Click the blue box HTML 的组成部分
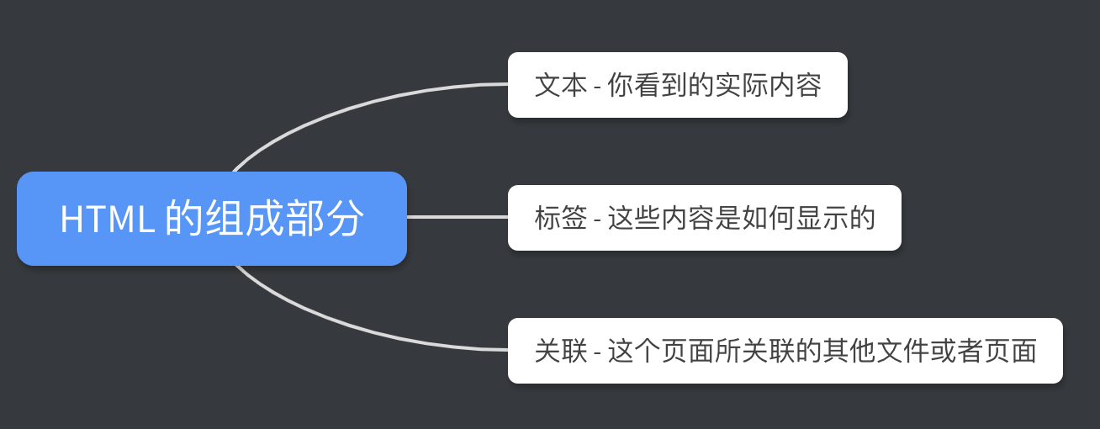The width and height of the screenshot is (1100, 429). pyautogui.click(x=211, y=219)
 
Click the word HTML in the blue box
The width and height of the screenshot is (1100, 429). pyautogui.click(x=107, y=220)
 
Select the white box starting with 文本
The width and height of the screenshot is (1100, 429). pyautogui.click(x=677, y=85)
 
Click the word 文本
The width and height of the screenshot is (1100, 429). pyautogui.click(x=560, y=85)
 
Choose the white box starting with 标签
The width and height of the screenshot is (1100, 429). pyautogui.click(x=704, y=218)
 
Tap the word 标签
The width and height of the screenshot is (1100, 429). pyautogui.click(x=560, y=218)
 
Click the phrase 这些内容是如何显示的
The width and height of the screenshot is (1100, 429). pyautogui.click(x=741, y=218)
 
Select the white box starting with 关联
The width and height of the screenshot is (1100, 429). pyautogui.click(x=785, y=351)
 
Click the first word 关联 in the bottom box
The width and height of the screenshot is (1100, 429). pyautogui.click(x=560, y=351)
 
